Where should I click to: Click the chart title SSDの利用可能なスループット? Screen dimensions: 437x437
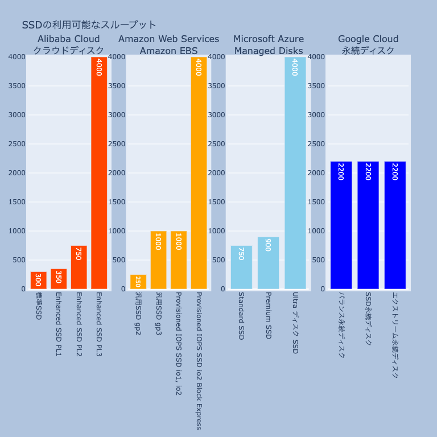point(89,25)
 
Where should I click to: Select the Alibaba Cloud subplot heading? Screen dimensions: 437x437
point(68,45)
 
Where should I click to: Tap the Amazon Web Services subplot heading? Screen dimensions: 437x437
point(168,45)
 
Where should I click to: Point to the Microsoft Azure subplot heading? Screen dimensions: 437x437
point(269,45)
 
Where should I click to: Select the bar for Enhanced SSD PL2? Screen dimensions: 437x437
point(79,267)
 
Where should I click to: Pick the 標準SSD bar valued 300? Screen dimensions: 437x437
point(38,281)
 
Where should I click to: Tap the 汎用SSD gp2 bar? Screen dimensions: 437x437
point(138,282)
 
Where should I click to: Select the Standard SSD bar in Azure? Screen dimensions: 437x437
point(241,267)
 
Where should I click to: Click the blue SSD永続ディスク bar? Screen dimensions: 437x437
point(368,225)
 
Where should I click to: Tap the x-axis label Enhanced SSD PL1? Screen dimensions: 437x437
point(58,324)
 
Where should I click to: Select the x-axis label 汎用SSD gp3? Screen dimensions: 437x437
point(158,314)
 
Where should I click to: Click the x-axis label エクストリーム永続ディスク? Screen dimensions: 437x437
point(395,335)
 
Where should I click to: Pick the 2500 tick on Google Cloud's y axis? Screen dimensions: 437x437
point(316,144)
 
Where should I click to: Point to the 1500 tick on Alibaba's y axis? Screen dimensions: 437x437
point(17,202)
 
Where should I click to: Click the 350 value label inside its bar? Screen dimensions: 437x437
point(58,277)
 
